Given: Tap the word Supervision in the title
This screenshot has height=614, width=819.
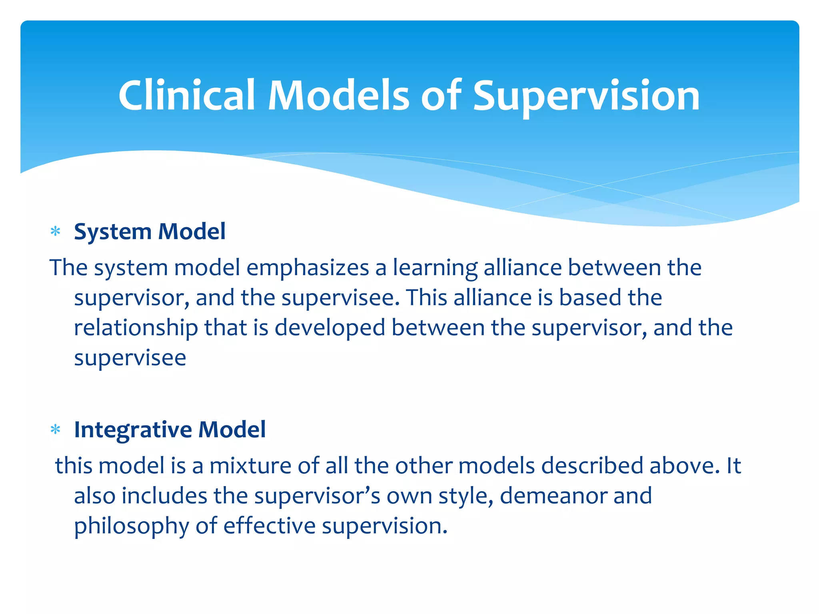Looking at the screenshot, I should point(586,96).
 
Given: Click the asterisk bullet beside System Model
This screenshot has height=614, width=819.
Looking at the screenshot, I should point(56,231).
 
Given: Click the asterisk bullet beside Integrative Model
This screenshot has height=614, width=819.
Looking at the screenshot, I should point(56,430).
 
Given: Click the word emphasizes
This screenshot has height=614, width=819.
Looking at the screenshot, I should point(307,268).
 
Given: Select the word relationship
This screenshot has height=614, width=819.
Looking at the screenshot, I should point(136,328).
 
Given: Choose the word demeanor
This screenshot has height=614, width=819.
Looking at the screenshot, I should point(553,496).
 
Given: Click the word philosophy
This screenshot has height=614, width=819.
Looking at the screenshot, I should point(132,526).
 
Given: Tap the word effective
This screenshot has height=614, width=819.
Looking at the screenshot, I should point(270,526).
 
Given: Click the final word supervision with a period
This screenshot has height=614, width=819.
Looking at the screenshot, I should point(384,526).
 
